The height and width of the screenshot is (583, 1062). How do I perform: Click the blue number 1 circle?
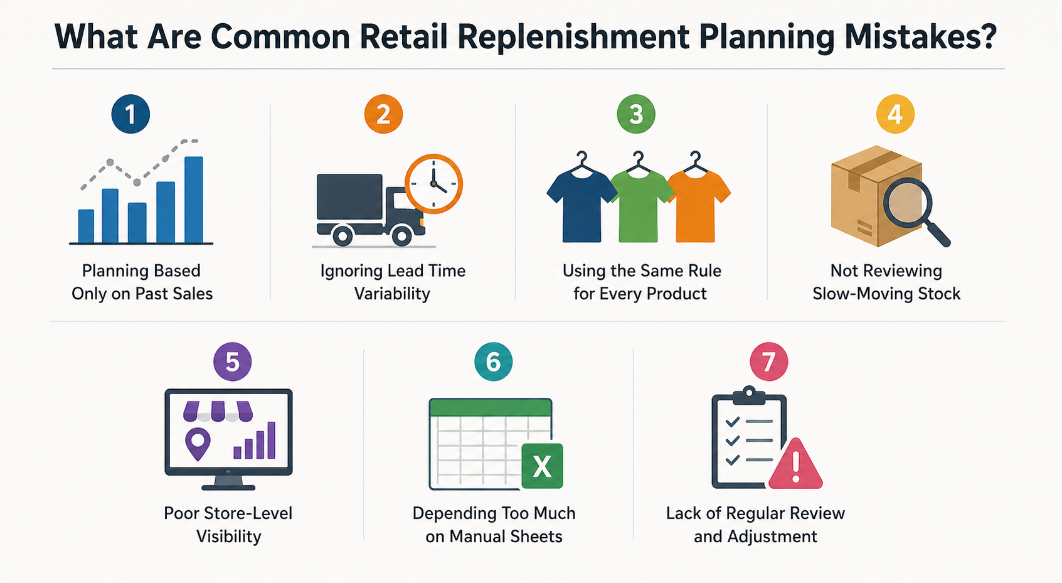click(x=130, y=114)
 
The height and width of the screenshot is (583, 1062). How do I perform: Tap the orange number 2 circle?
click(x=383, y=114)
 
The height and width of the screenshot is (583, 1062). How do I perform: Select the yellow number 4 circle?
click(x=895, y=114)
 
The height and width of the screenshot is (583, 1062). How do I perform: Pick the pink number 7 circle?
click(x=769, y=362)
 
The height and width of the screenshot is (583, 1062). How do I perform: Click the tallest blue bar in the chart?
click(x=194, y=199)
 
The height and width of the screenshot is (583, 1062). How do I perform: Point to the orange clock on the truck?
click(x=433, y=184)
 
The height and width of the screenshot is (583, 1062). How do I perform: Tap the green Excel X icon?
click(x=542, y=466)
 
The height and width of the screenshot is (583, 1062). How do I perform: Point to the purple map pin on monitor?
click(x=198, y=443)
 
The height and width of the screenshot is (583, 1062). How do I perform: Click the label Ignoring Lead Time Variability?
click(x=393, y=282)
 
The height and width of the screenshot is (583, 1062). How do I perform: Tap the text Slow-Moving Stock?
click(x=886, y=294)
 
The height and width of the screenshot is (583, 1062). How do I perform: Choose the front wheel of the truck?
click(x=401, y=236)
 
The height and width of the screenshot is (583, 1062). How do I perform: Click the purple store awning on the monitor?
click(x=217, y=411)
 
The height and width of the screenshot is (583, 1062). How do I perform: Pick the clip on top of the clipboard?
click(x=748, y=394)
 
